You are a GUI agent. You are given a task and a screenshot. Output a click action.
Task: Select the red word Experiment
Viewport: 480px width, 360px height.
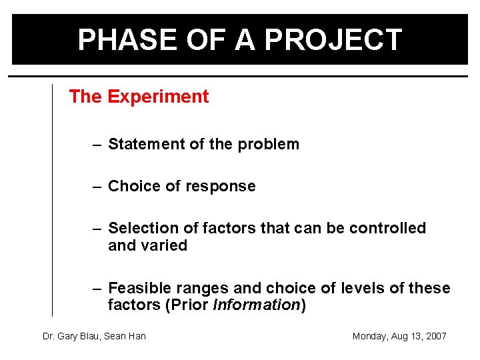click(x=158, y=97)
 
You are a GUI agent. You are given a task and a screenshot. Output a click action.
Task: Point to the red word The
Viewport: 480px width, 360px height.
click(x=85, y=97)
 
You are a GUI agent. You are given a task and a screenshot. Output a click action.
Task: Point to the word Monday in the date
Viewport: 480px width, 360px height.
click(x=369, y=336)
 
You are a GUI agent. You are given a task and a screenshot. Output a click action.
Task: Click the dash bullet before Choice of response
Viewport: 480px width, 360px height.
click(x=97, y=187)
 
